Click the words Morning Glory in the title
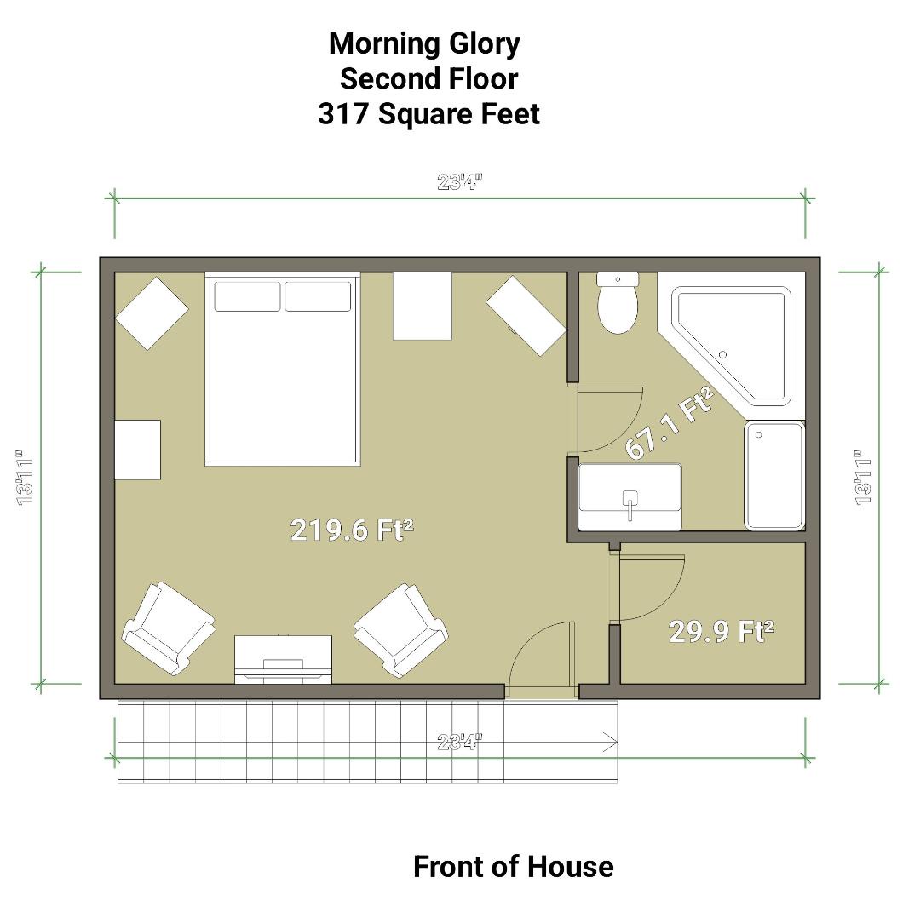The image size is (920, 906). [424, 43]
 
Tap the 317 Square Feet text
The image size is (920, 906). [428, 113]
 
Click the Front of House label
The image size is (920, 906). [513, 866]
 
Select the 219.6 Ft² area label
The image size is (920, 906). [352, 530]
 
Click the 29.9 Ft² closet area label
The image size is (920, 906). [722, 631]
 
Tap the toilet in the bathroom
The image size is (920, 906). [618, 307]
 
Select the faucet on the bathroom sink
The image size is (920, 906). [630, 502]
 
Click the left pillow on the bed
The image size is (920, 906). [247, 296]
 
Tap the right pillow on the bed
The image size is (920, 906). [318, 296]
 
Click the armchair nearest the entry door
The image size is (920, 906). [400, 628]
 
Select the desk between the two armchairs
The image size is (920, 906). [283, 658]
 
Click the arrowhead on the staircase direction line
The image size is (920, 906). [610, 743]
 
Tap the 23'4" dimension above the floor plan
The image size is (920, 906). [460, 181]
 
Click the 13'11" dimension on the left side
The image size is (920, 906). [26, 477]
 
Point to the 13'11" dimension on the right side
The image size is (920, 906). [864, 477]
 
